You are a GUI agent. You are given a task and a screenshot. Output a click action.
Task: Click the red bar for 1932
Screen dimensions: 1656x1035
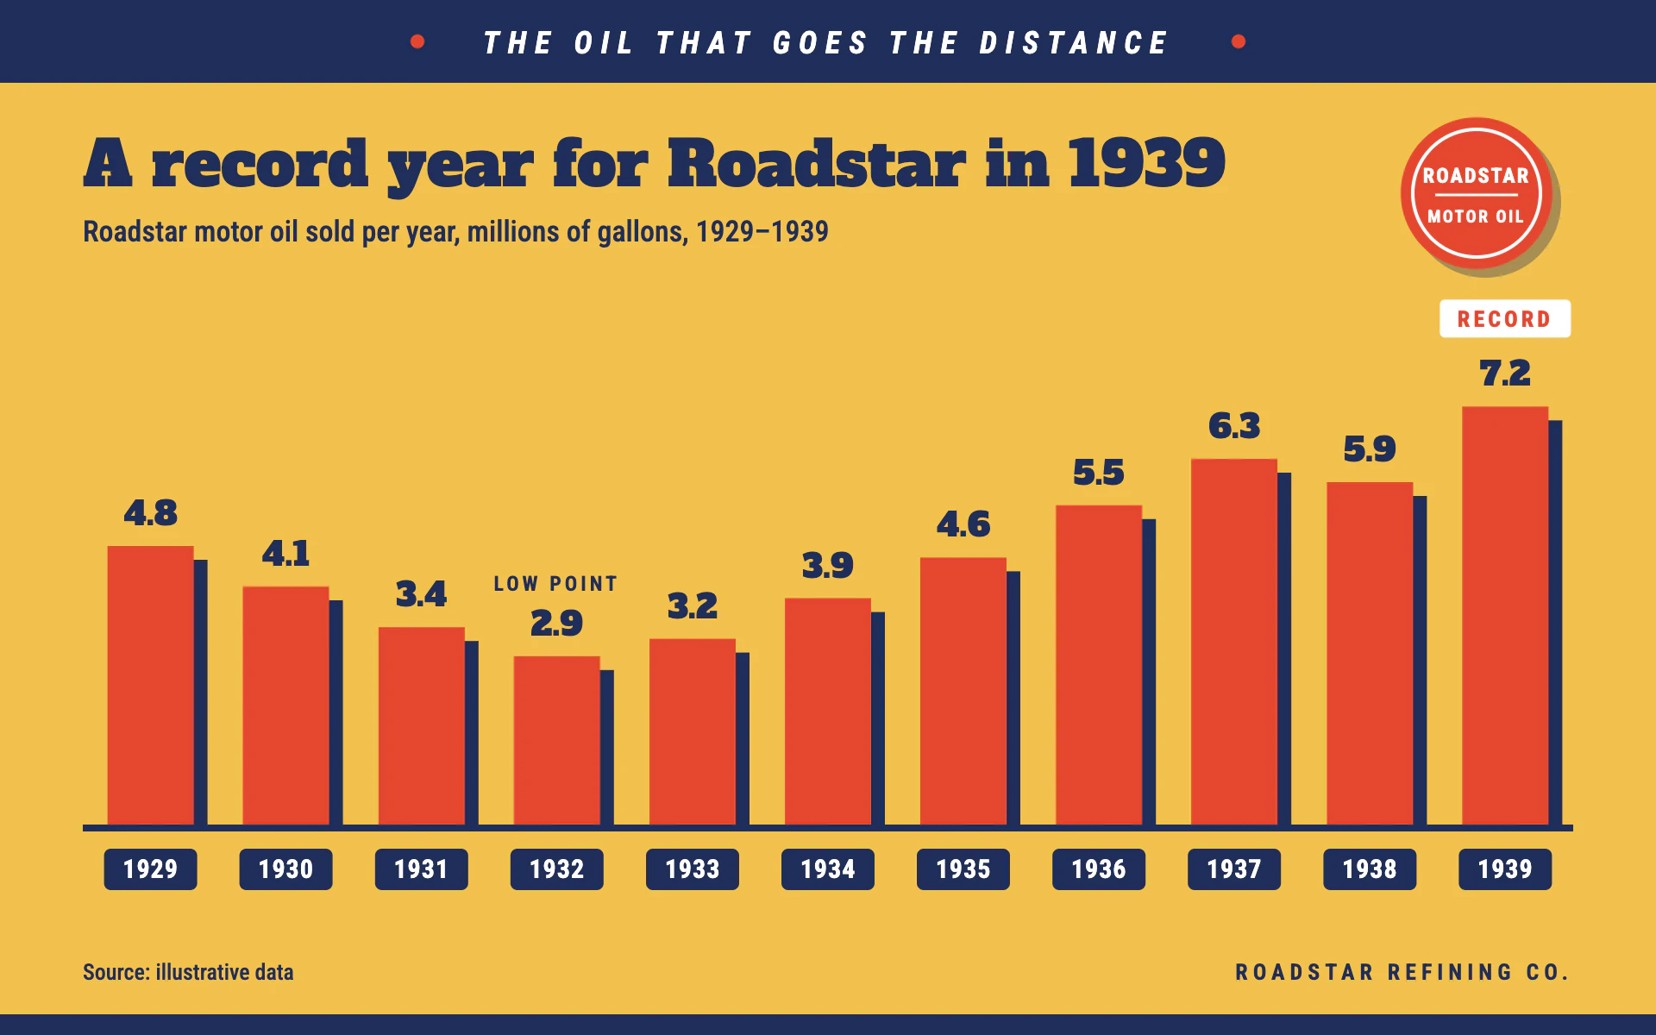(x=556, y=740)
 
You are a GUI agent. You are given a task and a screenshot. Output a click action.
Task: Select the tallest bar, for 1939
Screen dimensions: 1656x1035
(x=1505, y=616)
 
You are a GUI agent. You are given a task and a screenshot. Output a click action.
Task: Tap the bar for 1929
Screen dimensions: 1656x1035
(x=151, y=686)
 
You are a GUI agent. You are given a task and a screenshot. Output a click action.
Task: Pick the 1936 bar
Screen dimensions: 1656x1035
(x=1099, y=665)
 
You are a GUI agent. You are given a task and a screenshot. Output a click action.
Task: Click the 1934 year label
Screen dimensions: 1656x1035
(x=828, y=869)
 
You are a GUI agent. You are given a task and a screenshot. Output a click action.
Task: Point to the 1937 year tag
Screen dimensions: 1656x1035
(x=1234, y=869)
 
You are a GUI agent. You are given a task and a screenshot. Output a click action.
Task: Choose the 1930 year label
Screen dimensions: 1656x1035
(x=285, y=869)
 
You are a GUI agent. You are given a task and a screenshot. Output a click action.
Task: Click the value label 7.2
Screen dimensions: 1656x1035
(x=1505, y=373)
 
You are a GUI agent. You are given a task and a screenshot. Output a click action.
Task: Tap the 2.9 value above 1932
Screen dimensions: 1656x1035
(x=556, y=623)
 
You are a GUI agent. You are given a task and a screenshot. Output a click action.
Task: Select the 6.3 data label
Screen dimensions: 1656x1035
(x=1234, y=426)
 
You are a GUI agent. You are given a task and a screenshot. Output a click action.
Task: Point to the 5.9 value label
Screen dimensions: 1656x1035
(x=1370, y=449)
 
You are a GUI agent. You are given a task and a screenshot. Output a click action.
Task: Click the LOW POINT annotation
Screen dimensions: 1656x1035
(x=556, y=584)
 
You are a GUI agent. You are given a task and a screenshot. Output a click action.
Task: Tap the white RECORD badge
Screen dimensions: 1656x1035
(x=1505, y=319)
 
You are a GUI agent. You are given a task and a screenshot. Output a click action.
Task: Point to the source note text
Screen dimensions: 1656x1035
(x=188, y=972)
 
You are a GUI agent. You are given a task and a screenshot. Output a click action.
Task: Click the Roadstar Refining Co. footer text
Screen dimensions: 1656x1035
(x=1402, y=972)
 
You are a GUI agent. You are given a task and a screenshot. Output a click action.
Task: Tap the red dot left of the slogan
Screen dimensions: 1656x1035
(x=417, y=41)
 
